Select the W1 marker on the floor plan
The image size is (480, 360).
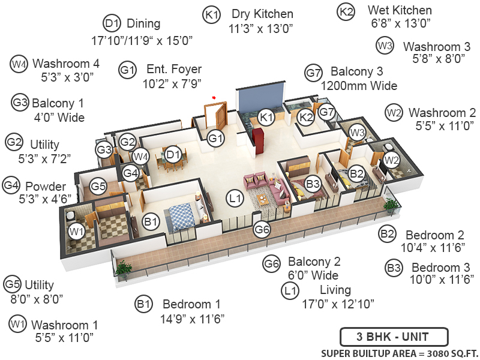coord(76,231)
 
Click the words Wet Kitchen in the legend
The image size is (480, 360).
coord(400,11)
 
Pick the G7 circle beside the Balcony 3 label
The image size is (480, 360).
coord(313,72)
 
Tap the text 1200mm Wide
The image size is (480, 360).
coord(359,86)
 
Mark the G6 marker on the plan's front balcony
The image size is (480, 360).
coord(262,229)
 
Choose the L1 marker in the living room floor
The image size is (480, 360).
coord(235,197)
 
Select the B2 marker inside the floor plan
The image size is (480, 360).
coord(356,174)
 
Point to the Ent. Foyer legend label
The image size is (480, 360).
coord(173,70)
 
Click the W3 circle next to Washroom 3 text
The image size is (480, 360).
coord(385,45)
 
